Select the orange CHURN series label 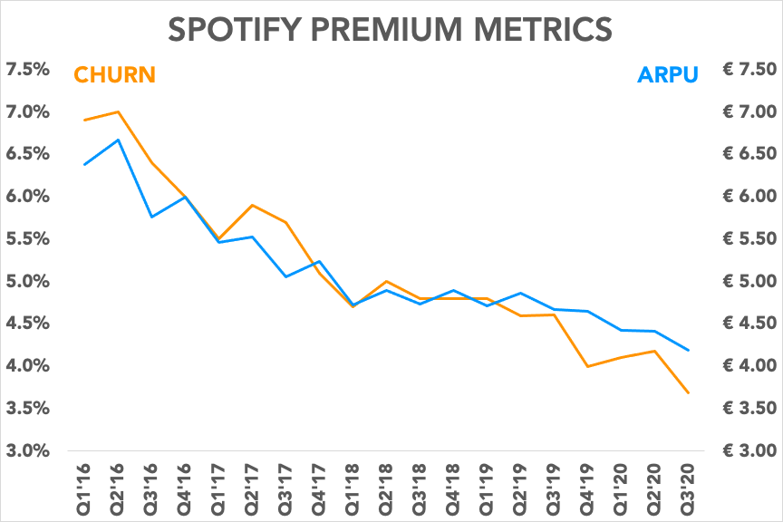[115, 74]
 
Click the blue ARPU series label [668, 74]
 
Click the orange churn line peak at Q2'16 [118, 111]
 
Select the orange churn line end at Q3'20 [689, 392]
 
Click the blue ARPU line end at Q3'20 [689, 350]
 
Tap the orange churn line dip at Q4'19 [588, 366]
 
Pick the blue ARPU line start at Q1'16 [84, 164]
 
